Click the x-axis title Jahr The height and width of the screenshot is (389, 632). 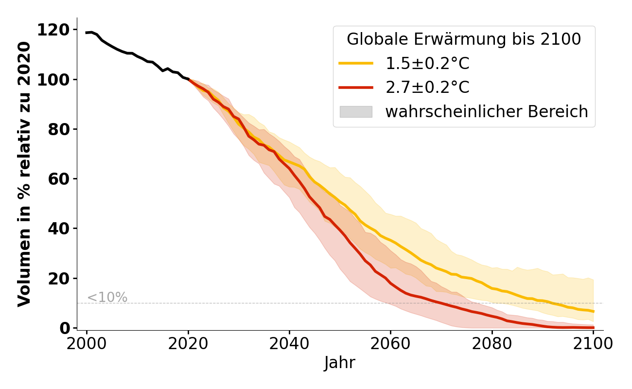pyautogui.click(x=340, y=363)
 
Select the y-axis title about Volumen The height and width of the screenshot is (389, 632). pyautogui.click(x=24, y=174)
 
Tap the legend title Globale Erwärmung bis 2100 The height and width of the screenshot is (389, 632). pyautogui.click(x=464, y=39)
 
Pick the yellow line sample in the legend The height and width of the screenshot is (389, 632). pyautogui.click(x=356, y=63)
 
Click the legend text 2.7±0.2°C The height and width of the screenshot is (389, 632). pyautogui.click(x=427, y=88)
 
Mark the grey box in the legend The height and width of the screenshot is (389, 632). pyautogui.click(x=356, y=112)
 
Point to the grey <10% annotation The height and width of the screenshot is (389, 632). pyautogui.click(x=107, y=298)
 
